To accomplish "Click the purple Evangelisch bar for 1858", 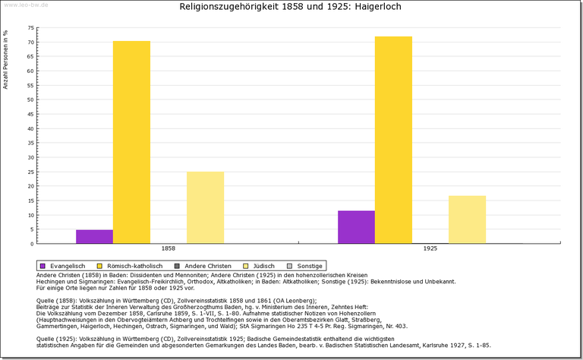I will click(94, 236).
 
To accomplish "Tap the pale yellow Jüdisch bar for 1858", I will click(205, 207).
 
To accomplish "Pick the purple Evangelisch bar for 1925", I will click(356, 226).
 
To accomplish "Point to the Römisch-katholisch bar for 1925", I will click(393, 140).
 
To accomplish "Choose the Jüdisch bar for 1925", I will click(467, 219).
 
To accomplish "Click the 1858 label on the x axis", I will click(169, 248).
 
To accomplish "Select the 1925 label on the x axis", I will click(430, 248).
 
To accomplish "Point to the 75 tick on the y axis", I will click(31, 27).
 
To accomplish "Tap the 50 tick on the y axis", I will click(31, 99).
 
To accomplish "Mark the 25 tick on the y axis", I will click(31, 172).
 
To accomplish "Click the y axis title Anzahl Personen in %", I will click(6, 60).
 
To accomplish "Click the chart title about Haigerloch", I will click(291, 7).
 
